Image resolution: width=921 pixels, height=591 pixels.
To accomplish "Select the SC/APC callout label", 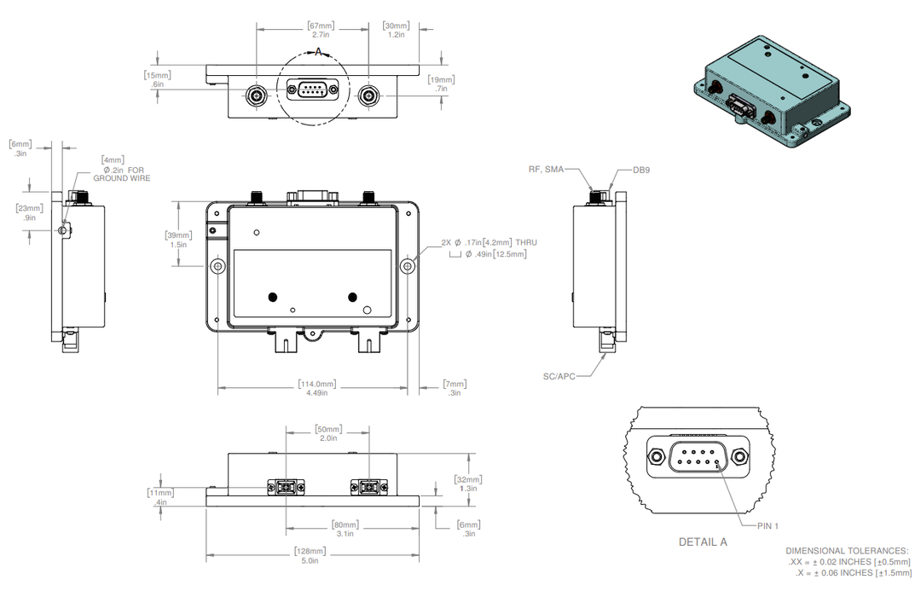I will (x=559, y=375).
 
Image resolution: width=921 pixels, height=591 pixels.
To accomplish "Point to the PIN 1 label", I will (x=767, y=525).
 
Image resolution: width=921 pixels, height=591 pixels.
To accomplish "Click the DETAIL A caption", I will (x=703, y=542).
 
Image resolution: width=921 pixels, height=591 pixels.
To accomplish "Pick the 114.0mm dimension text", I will (x=317, y=384).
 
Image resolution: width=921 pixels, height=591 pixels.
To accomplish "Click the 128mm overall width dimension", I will (x=310, y=551).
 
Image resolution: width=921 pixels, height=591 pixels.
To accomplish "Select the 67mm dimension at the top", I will (x=321, y=26).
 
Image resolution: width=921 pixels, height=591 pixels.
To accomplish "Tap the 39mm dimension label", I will (x=178, y=235).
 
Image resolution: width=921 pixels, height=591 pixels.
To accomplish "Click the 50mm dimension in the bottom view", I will (x=327, y=429).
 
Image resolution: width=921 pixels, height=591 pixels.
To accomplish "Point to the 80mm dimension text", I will (x=345, y=524).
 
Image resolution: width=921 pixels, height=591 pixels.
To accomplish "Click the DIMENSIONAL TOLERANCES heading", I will (x=846, y=552).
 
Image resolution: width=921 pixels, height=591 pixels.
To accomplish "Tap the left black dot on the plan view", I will (x=273, y=297).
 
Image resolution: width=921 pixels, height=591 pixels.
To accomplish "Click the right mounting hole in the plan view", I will (x=408, y=266).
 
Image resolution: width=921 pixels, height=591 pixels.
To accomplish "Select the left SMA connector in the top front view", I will (x=256, y=95).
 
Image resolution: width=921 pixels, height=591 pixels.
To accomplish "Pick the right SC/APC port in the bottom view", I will (x=368, y=488).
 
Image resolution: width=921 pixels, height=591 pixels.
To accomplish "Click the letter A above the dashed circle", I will (x=319, y=52).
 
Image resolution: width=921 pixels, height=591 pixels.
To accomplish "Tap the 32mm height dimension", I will (x=467, y=479).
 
